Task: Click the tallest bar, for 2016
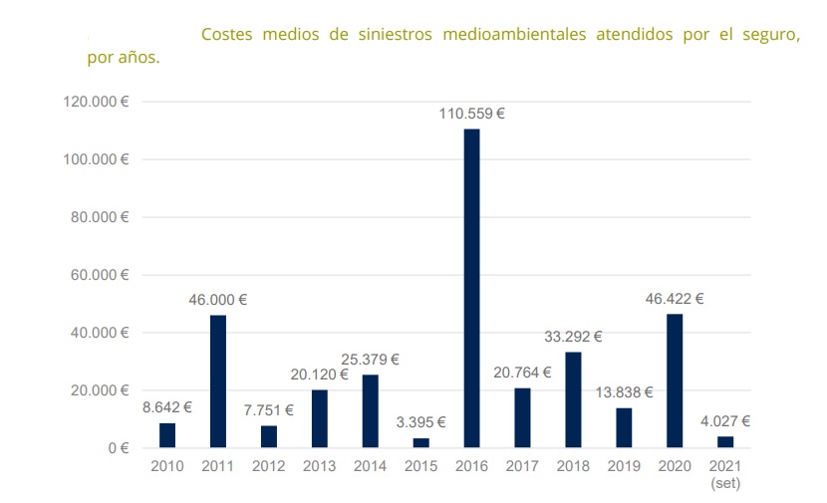click(x=471, y=288)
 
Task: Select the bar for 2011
click(x=218, y=380)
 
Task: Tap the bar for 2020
click(x=675, y=380)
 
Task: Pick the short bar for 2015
click(x=421, y=442)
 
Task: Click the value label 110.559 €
click(x=471, y=114)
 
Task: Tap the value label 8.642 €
click(x=166, y=406)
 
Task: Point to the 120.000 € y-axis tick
click(x=97, y=102)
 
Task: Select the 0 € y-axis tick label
click(x=118, y=448)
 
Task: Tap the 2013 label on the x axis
click(x=320, y=465)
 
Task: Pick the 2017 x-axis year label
click(x=522, y=465)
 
